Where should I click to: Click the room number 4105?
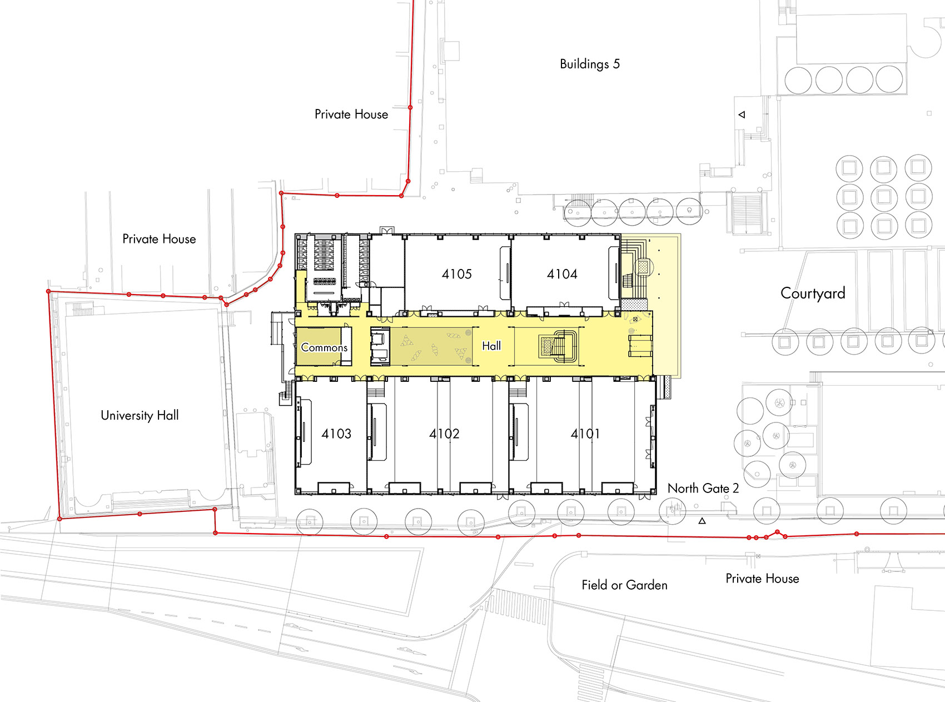pos(456,274)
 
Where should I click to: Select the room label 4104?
pos(562,274)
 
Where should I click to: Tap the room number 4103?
pos(336,434)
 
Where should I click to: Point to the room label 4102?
pos(444,434)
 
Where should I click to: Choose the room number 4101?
pos(585,434)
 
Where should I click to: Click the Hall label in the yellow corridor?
pos(491,346)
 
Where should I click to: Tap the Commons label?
pos(324,347)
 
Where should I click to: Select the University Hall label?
pos(140,415)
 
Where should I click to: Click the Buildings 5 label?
pos(589,64)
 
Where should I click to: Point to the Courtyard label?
pos(813,293)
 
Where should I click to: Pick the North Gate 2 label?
pos(703,488)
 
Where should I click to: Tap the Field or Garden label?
pos(624,585)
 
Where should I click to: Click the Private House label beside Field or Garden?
pos(762,579)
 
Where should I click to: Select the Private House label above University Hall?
pos(159,239)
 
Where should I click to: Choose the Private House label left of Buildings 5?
pos(351,114)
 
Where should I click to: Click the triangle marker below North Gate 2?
pos(702,521)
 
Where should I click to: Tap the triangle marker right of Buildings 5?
pos(742,114)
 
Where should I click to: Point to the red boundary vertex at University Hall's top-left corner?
pos(49,291)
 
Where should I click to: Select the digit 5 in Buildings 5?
pos(616,64)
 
